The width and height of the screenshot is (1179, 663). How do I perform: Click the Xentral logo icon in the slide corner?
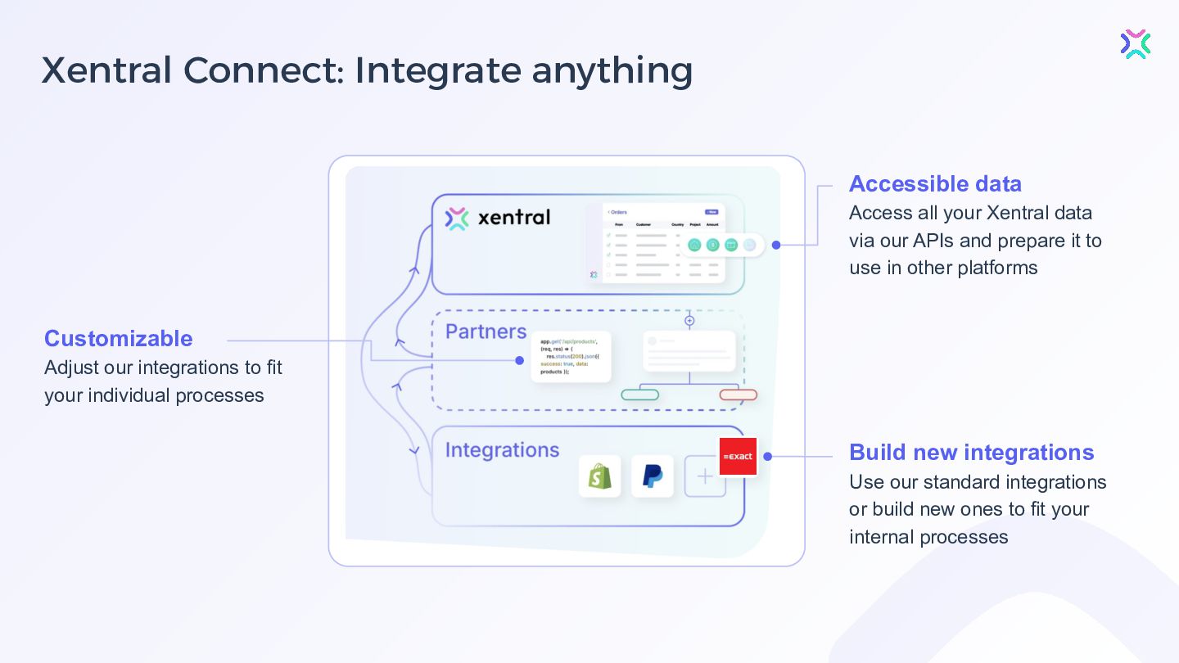click(1136, 44)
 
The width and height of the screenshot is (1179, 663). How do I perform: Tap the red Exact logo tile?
click(738, 457)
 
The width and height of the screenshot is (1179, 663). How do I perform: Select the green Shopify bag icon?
click(599, 476)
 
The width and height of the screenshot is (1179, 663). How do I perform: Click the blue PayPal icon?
click(653, 476)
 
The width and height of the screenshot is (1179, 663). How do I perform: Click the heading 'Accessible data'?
click(935, 183)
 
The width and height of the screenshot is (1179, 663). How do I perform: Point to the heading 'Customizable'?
click(119, 338)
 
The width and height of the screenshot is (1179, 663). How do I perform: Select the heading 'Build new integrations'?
click(971, 452)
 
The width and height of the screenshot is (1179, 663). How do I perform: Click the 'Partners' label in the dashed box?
click(486, 331)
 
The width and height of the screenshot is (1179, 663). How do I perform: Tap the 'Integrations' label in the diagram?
click(502, 450)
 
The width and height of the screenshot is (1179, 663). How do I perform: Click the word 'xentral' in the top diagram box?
click(513, 218)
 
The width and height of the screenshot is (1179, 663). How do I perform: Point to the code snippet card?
click(571, 356)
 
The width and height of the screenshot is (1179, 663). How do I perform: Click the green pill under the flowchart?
click(640, 395)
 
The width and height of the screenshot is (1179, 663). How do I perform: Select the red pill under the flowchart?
click(738, 395)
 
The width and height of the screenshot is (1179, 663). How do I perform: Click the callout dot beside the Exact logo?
click(768, 457)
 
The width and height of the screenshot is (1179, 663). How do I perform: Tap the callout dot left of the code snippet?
click(519, 360)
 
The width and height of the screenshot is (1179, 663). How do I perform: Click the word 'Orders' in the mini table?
click(619, 212)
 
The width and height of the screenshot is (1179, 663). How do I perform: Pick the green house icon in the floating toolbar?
click(694, 245)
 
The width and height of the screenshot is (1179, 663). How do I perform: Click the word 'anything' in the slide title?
click(612, 70)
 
